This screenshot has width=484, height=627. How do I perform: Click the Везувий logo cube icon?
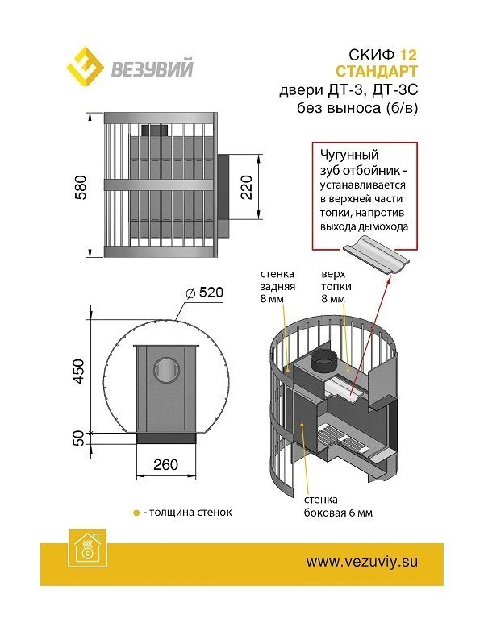click(85, 67)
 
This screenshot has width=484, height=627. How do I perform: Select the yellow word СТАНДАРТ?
click(376, 72)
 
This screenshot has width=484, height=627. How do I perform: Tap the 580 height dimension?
click(81, 187)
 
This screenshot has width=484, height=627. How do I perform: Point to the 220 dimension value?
click(246, 187)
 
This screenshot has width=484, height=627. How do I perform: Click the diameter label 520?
click(205, 293)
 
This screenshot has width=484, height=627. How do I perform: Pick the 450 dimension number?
click(78, 372)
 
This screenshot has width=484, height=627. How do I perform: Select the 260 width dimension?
click(165, 465)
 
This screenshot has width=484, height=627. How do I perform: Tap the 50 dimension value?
click(79, 438)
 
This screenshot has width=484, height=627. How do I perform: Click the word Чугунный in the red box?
click(349, 156)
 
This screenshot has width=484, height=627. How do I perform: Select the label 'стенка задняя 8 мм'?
click(277, 286)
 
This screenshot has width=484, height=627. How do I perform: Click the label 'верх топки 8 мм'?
click(336, 286)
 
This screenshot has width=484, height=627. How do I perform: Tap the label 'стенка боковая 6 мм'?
click(338, 506)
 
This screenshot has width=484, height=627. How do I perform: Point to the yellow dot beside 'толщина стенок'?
click(136, 513)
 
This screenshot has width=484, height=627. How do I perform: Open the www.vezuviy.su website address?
click(362, 562)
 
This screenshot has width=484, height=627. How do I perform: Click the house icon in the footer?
click(87, 548)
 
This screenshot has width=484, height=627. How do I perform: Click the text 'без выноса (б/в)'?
click(357, 108)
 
